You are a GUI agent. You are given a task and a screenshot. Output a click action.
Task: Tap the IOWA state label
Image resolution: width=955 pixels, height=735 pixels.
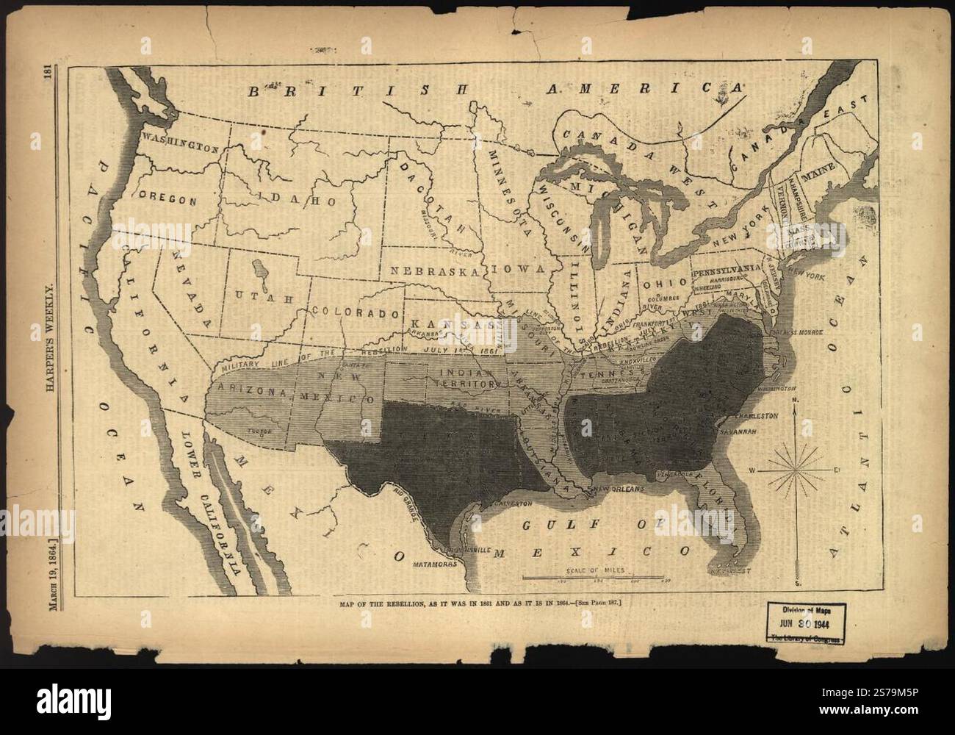(x=520, y=269)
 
